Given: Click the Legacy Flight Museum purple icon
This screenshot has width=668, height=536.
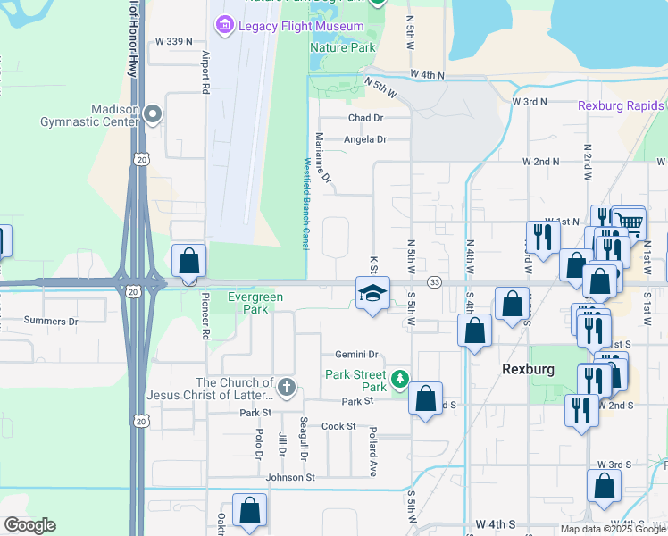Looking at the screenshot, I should (x=224, y=25).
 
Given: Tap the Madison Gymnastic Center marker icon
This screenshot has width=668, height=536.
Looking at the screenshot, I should (x=153, y=113).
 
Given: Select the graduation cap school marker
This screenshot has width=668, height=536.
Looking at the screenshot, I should (x=373, y=292).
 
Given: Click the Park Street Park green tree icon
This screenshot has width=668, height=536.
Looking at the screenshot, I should (x=399, y=381).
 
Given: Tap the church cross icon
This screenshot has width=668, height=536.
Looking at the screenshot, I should (x=286, y=387).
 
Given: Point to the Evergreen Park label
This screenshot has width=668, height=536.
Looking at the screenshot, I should (x=255, y=303).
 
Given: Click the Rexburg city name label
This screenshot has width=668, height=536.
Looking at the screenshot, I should (x=528, y=369).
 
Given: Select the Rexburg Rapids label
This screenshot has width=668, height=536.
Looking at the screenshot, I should (x=621, y=105).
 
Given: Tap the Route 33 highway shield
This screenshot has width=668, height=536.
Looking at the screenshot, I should (x=434, y=282).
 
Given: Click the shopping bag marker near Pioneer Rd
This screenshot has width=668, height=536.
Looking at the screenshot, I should (x=188, y=262).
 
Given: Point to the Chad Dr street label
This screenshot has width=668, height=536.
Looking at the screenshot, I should (x=365, y=118).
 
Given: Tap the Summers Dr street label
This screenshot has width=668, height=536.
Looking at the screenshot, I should (x=51, y=321).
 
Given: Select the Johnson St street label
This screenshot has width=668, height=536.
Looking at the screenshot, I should (x=290, y=477).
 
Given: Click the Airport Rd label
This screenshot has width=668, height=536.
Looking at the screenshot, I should (x=205, y=71).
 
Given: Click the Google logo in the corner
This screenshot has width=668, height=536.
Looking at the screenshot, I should (x=29, y=525).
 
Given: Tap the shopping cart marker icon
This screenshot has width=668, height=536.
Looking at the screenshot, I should (x=630, y=222).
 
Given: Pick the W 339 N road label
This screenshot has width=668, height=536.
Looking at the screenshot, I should (x=174, y=41).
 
